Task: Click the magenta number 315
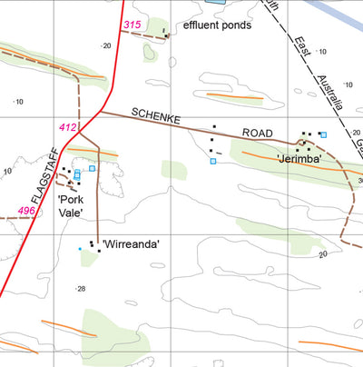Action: [x=132, y=25]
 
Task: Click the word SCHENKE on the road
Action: [x=159, y=118]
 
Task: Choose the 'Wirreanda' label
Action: [x=132, y=243]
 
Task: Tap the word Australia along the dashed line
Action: [x=327, y=93]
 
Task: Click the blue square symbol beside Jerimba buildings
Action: [x=322, y=134]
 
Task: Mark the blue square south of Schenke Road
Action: [x=213, y=161]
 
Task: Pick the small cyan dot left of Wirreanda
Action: [x=80, y=248]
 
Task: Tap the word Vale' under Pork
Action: [x=72, y=212]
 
